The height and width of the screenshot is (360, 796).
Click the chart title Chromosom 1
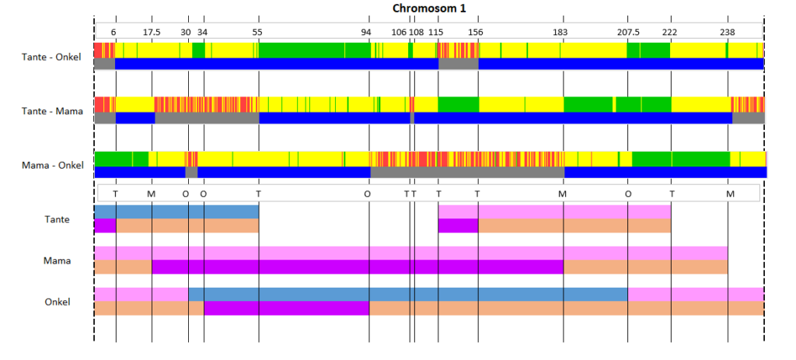click(429, 8)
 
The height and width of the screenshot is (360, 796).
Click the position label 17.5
click(152, 31)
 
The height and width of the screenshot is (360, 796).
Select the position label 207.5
click(628, 31)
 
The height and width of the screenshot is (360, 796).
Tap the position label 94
click(366, 31)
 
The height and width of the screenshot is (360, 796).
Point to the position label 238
click(728, 31)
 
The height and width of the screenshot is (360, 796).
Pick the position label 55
click(257, 31)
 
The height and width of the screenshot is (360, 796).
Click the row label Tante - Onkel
click(51, 56)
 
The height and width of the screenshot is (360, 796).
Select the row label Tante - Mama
click(52, 110)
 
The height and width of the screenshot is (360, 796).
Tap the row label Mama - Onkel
click(52, 165)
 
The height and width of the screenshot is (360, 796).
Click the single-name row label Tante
click(58, 219)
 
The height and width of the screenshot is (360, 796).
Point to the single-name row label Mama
click(57, 261)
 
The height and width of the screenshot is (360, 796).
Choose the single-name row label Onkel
click(58, 302)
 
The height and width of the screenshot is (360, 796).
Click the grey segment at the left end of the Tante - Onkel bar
click(105, 64)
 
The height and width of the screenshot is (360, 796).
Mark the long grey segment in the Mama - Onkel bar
click(467, 172)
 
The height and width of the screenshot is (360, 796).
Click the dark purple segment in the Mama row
click(358, 267)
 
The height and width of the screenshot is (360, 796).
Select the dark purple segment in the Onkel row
click(286, 308)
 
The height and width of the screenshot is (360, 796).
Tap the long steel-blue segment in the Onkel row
click(408, 294)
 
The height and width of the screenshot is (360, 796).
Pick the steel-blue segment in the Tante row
click(176, 211)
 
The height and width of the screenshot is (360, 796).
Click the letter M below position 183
click(562, 194)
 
